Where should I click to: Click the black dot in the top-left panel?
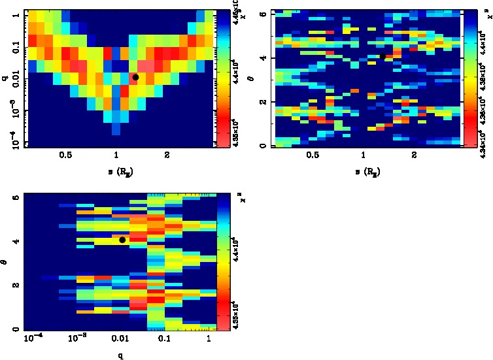(135, 77)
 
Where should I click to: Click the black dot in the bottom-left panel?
(122, 240)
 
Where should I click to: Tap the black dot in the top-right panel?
(383, 56)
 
